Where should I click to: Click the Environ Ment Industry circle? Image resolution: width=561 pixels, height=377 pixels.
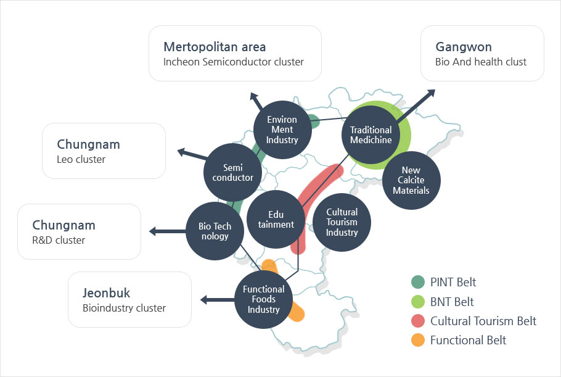282,130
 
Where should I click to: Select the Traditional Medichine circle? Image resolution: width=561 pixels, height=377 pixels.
371,135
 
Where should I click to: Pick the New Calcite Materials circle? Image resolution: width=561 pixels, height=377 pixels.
411,180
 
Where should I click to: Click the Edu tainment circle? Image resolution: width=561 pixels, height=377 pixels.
274,218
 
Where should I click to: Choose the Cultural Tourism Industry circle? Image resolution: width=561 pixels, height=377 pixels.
342,222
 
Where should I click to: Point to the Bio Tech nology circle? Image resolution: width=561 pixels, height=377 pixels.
214,231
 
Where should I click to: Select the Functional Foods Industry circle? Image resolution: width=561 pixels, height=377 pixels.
264,299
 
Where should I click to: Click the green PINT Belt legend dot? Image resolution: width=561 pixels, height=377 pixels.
418,282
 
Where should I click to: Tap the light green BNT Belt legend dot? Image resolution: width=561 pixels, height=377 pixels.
418,302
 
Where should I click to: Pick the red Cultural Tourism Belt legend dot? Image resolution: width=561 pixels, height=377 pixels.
418,321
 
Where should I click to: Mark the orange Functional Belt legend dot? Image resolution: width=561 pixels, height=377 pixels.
418,340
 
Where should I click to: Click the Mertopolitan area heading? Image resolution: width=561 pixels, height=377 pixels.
215,47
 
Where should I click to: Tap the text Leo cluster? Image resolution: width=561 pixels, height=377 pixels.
81,159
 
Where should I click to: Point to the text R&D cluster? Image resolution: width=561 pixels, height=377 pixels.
59,240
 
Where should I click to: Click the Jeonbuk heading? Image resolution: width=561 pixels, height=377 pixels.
107,293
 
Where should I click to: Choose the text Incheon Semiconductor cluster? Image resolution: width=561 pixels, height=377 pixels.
234,62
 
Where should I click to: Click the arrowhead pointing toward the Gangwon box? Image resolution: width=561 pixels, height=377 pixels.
431,93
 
